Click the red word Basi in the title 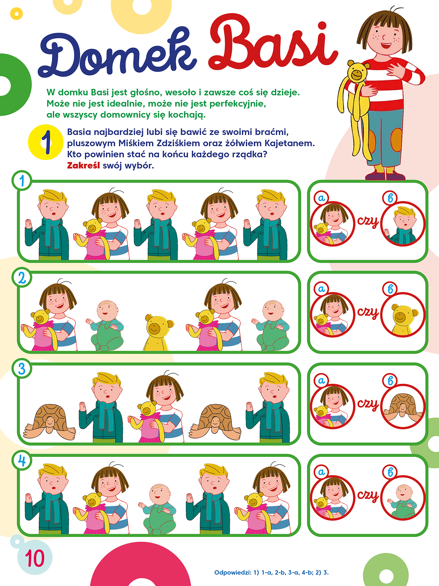coord(273,47)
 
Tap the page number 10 coord(35,558)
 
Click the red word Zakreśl coord(83,166)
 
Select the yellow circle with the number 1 coord(45,142)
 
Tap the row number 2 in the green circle coord(22,278)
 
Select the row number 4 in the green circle coord(22,461)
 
